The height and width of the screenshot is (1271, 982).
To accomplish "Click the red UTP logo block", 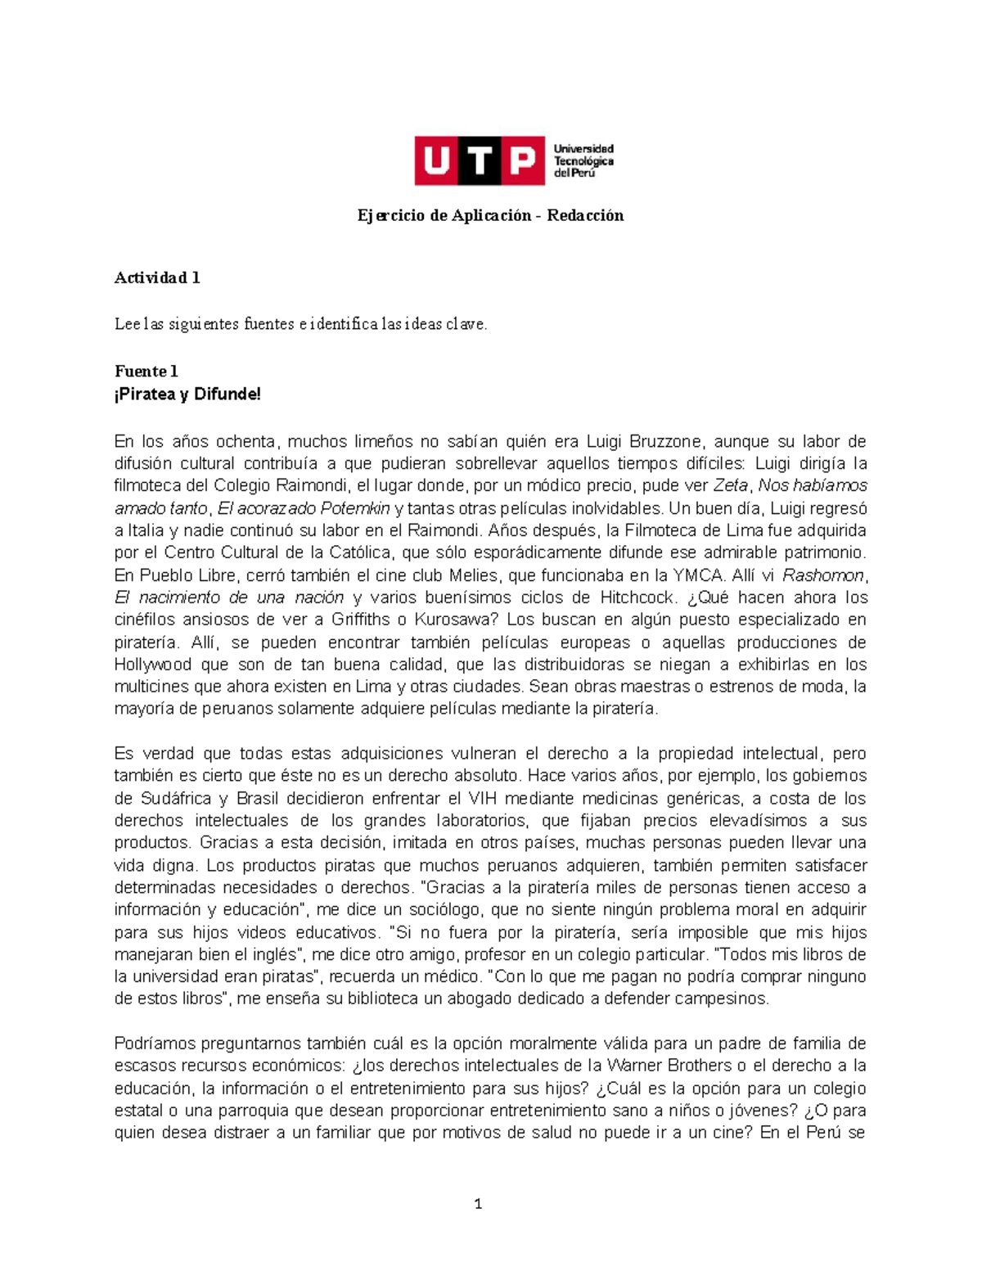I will click(x=479, y=160).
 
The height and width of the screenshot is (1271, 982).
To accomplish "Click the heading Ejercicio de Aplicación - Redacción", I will click(x=490, y=215).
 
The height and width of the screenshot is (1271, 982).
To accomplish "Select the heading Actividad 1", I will click(x=157, y=277).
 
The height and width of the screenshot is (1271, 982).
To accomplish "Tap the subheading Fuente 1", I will click(x=146, y=371).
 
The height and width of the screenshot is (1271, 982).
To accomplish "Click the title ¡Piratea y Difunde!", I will click(x=187, y=394).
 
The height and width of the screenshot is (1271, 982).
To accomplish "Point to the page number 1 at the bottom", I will click(x=478, y=1203).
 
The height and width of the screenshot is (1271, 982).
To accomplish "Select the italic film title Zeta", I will click(x=731, y=485).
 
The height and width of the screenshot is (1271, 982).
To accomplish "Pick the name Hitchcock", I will click(x=637, y=597).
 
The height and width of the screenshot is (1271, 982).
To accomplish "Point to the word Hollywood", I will click(x=153, y=664).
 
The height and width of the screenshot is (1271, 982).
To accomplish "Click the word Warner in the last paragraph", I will click(x=634, y=1066).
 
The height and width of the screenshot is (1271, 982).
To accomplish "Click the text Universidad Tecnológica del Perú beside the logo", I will click(x=583, y=160).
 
